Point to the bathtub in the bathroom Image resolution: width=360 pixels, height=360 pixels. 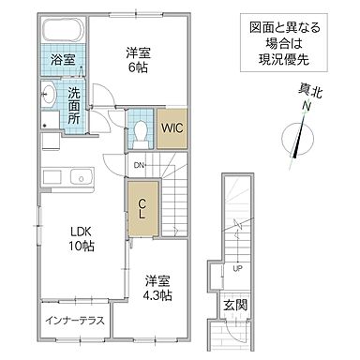pyautogui.click(x=62, y=30)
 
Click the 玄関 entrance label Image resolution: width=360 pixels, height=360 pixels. pyautogui.click(x=233, y=304)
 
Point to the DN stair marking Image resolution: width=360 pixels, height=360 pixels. pyautogui.click(x=139, y=166)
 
